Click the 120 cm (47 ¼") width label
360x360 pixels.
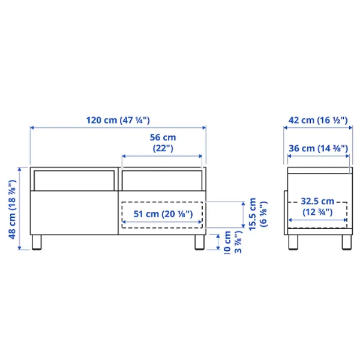click(118, 119)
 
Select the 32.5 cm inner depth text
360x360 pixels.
click(318, 202)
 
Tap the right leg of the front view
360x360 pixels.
click(198, 242)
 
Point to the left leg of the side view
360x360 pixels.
click(293, 242)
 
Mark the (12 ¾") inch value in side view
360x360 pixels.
click(318, 212)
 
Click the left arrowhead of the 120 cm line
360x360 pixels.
click(32, 127)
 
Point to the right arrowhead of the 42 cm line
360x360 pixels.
click(349, 127)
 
